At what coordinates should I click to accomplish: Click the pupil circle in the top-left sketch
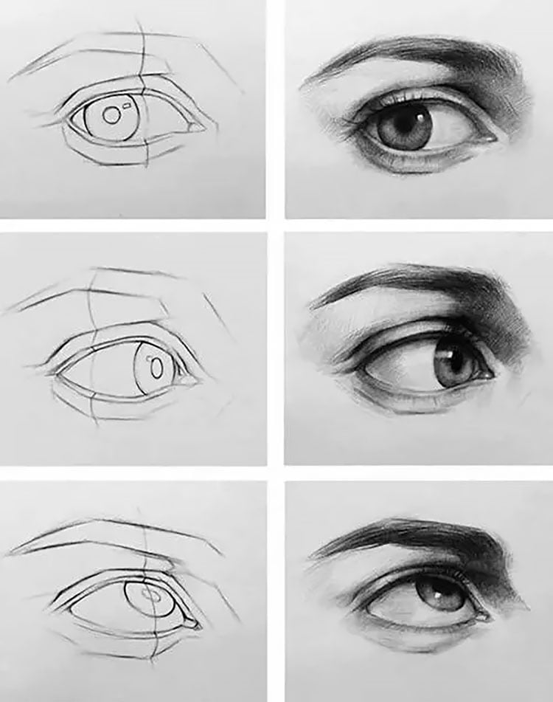click(x=111, y=115)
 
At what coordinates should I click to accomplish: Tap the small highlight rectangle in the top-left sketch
click(x=128, y=108)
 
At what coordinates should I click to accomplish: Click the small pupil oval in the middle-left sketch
click(x=156, y=366)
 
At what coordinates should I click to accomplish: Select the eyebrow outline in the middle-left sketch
click(x=111, y=288)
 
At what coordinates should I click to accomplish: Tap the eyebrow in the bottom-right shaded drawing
click(x=428, y=535)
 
